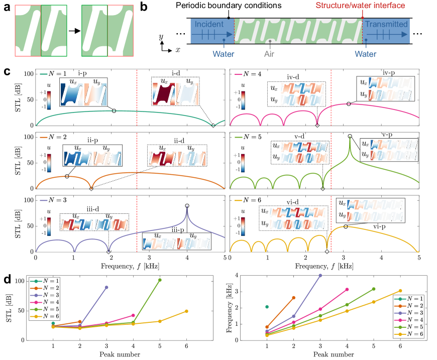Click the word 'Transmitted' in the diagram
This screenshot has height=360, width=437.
point(386,24)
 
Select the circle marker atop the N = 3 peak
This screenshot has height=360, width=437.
point(187,206)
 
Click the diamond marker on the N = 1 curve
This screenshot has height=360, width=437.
point(213,126)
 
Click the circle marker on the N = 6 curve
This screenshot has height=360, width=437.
point(345,227)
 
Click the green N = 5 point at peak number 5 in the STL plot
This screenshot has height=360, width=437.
point(160,280)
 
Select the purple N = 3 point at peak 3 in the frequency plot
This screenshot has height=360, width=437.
point(320,275)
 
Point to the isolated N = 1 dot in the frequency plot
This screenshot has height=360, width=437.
point(267,306)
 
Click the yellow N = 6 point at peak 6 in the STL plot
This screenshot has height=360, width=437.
point(186,311)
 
